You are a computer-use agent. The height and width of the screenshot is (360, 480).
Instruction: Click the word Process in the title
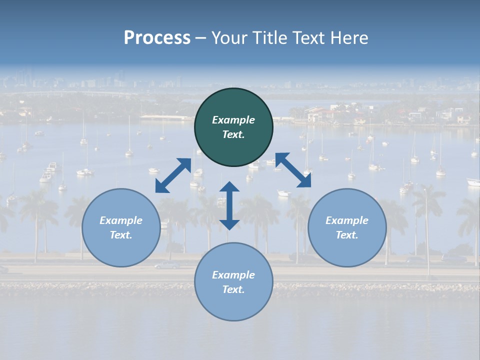click(157, 38)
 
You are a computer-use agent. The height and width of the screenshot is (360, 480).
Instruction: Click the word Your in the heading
click(230, 38)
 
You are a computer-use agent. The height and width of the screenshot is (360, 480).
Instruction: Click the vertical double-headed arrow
click(229, 205)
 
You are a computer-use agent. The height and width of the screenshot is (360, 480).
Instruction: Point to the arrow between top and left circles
click(173, 175)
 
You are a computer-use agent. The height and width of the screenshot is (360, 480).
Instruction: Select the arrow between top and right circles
click(293, 170)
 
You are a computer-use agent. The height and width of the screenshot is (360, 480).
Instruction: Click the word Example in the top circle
click(233, 120)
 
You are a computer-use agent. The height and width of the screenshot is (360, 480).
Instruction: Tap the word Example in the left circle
click(121, 220)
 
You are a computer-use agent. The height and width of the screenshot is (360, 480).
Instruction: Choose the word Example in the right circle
click(347, 220)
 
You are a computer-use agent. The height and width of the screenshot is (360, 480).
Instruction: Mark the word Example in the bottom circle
click(233, 275)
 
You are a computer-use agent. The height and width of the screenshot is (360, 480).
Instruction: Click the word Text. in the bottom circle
click(233, 289)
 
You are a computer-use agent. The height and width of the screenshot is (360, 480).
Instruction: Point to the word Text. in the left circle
click(121, 235)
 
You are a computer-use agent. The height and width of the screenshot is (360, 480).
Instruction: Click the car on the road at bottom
click(167, 265)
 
